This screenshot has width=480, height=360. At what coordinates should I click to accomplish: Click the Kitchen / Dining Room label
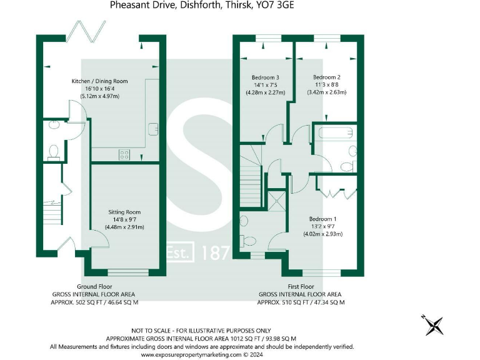pos(100,81)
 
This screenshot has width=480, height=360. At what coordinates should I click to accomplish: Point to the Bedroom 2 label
pos(326,77)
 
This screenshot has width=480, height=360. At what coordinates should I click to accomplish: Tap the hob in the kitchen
pos(124,154)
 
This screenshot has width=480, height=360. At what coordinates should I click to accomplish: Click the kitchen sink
pos(153,128)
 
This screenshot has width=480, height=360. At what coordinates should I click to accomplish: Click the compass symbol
pos(432,324)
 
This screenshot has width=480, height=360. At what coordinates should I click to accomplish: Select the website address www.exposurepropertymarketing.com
pos(191,354)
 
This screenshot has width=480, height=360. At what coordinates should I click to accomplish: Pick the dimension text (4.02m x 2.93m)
pos(323,234)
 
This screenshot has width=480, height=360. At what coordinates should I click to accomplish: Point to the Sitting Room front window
pos(129,272)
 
